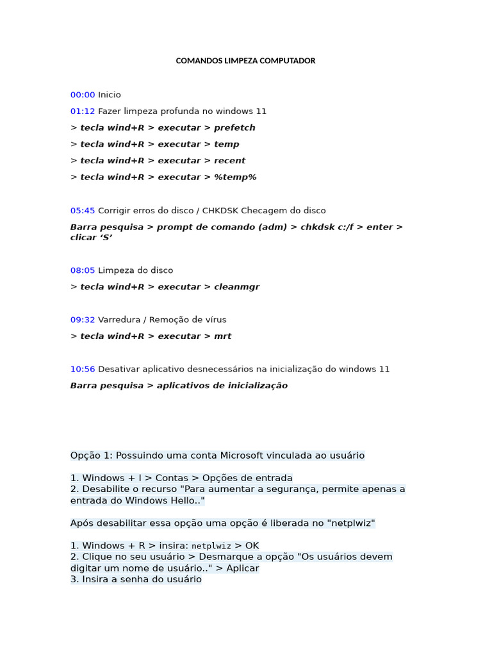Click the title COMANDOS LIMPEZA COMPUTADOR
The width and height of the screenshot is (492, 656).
245,61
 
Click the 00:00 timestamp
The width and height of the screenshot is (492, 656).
83,95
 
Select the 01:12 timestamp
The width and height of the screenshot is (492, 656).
83,111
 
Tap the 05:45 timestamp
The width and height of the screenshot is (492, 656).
83,211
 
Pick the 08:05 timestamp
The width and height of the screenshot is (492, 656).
83,270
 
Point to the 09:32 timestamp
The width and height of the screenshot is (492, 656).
83,320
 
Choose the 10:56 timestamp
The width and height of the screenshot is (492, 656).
83,369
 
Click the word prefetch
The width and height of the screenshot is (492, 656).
234,127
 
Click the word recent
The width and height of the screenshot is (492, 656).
229,161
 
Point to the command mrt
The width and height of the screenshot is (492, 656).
222,336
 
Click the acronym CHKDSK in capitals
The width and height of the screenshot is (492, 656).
220,211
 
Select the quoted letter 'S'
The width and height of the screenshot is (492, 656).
106,238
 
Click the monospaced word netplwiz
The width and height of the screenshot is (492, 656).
211,546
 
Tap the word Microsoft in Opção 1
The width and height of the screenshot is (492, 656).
242,455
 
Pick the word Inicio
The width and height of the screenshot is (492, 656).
110,95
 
